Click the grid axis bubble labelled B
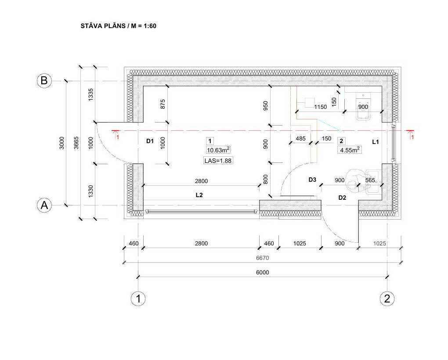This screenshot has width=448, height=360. pyautogui.click(x=44, y=80)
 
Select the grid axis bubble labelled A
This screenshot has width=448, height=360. pyautogui.click(x=44, y=205)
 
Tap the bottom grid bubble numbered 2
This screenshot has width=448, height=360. pyautogui.click(x=387, y=299)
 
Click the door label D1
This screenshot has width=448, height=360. pyautogui.click(x=150, y=141)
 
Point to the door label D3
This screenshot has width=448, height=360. pyautogui.click(x=312, y=180)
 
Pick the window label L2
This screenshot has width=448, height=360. pyautogui.click(x=199, y=195)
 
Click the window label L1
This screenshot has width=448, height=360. pyautogui.click(x=376, y=142)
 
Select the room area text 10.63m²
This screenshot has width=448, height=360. pyautogui.click(x=218, y=150)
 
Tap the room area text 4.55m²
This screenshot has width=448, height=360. pyautogui.click(x=350, y=150)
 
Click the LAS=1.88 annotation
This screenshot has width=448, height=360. pyautogui.click(x=218, y=161)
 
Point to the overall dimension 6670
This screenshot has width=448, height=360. pyautogui.click(x=262, y=258)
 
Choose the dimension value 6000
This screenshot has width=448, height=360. pyautogui.click(x=262, y=272)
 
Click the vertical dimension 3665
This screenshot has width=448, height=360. pyautogui.click(x=76, y=143)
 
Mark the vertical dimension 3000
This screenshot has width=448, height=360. pyautogui.click(x=62, y=143)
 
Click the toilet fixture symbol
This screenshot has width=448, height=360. pyautogui.click(x=363, y=106)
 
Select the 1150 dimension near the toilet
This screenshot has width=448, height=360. pyautogui.click(x=320, y=107)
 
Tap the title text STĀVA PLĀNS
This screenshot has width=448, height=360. pyautogui.click(x=103, y=26)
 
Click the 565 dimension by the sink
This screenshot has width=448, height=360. pyautogui.click(x=370, y=180)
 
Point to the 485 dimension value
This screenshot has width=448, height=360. pyautogui.click(x=300, y=138)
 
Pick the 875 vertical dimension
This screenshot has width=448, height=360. pyautogui.click(x=163, y=104)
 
